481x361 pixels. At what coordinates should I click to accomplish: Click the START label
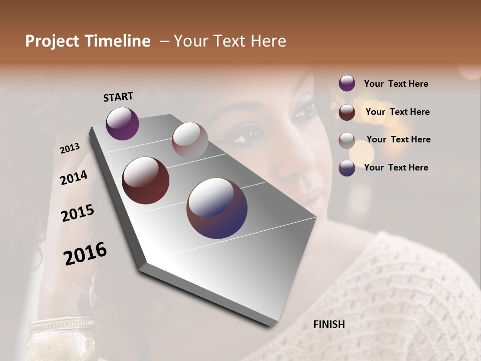coord(118,97)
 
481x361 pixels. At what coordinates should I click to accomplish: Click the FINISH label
coord(329,324)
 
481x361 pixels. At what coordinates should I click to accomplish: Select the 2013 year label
coord(70,148)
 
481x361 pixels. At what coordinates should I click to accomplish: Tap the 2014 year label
coord(74,177)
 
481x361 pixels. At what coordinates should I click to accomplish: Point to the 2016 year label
coord(85,253)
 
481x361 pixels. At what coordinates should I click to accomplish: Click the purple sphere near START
coord(122,123)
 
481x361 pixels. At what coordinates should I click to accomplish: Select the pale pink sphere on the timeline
coord(190,140)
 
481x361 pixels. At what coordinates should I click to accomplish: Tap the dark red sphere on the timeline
coord(145,180)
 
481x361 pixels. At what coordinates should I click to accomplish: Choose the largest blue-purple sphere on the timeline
coord(217,208)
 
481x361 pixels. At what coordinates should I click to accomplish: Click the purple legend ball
coord(347,83)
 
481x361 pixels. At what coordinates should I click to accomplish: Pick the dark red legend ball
coord(347,112)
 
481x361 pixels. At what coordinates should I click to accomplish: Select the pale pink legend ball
coord(347,140)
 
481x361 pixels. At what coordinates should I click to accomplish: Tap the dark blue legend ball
coord(347,168)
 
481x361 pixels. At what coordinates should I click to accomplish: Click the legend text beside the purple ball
coord(396,84)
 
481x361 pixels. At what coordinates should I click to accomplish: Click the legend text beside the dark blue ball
coord(396,167)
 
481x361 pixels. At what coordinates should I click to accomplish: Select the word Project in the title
coord(52,41)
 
